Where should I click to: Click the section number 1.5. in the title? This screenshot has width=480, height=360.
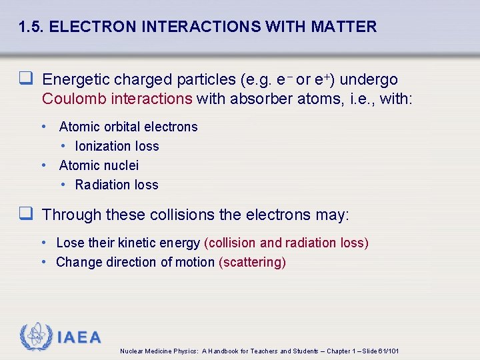[x=31, y=27]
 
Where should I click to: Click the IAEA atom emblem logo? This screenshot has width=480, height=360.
[x=35, y=337]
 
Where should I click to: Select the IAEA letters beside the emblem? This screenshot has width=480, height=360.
[x=79, y=337]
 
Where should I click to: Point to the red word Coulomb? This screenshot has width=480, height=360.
[x=70, y=99]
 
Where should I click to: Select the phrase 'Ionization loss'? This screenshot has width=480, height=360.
[x=117, y=146]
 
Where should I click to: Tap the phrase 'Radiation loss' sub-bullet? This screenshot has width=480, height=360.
[x=117, y=185]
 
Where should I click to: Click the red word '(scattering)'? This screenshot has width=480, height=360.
[x=252, y=262]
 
